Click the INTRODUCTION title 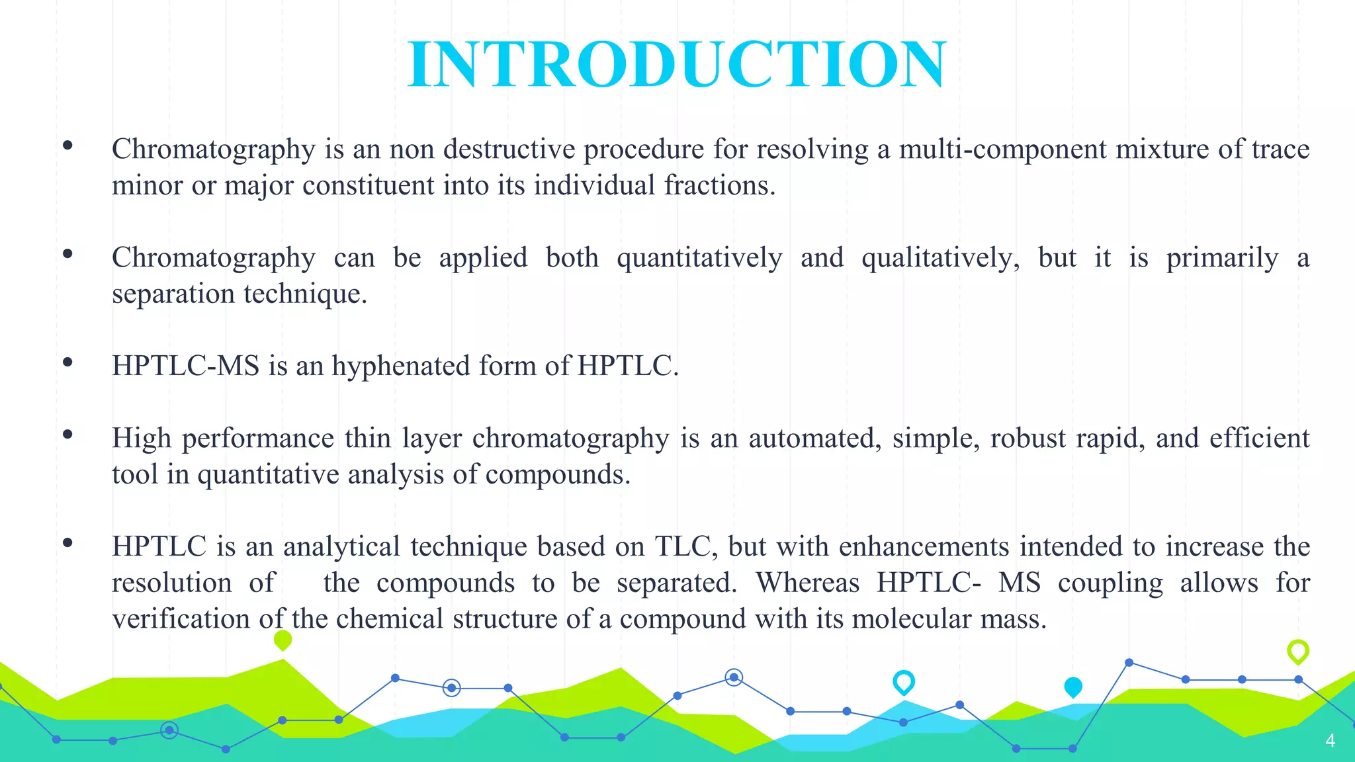[x=677, y=64]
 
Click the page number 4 [x=1330, y=740]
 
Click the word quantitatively [x=699, y=258]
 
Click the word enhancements [x=924, y=547]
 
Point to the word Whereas [x=807, y=583]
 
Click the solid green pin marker [x=283, y=640]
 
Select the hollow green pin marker [x=1298, y=651]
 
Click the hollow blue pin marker [x=903, y=681]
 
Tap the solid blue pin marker [x=1072, y=687]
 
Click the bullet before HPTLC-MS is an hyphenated [x=67, y=362]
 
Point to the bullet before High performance [x=67, y=435]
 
